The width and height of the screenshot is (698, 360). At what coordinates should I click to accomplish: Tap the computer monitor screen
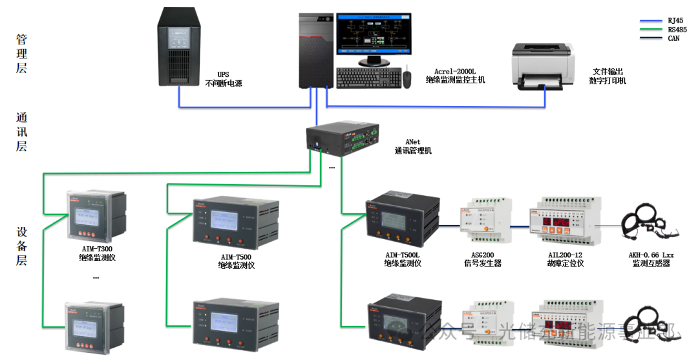click(x=366, y=36)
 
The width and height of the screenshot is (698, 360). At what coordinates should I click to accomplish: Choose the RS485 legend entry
click(x=677, y=30)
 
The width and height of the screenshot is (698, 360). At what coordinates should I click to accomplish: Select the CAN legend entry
click(x=673, y=39)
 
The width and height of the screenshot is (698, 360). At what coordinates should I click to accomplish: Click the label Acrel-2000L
click(x=456, y=71)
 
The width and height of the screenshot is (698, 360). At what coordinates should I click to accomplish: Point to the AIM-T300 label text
click(x=94, y=248)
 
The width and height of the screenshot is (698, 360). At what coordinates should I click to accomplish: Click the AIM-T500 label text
click(x=235, y=257)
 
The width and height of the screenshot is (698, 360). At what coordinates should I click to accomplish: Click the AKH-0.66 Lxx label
click(x=651, y=255)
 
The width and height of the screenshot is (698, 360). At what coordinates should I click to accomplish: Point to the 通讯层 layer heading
click(x=22, y=132)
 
